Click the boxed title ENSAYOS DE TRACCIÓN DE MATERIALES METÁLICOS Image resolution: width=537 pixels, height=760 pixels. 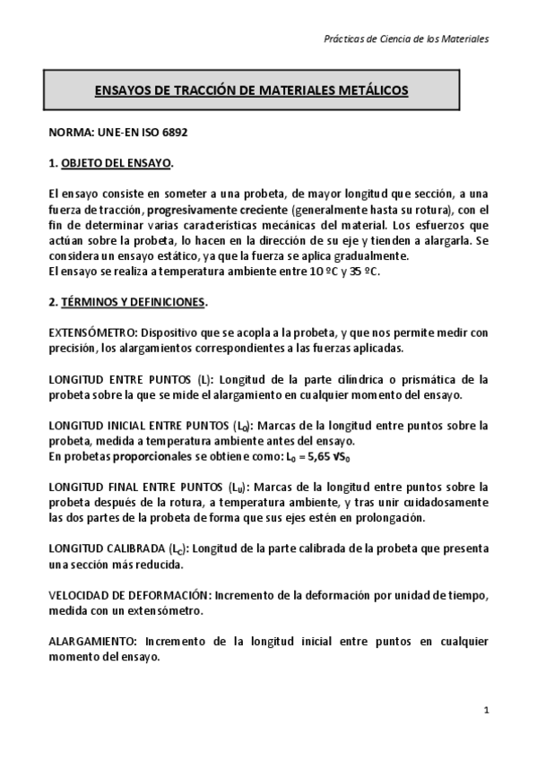click(x=252, y=91)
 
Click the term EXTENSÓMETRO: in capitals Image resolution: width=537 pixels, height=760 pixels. click(x=91, y=332)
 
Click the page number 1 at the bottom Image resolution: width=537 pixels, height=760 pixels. click(x=485, y=711)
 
